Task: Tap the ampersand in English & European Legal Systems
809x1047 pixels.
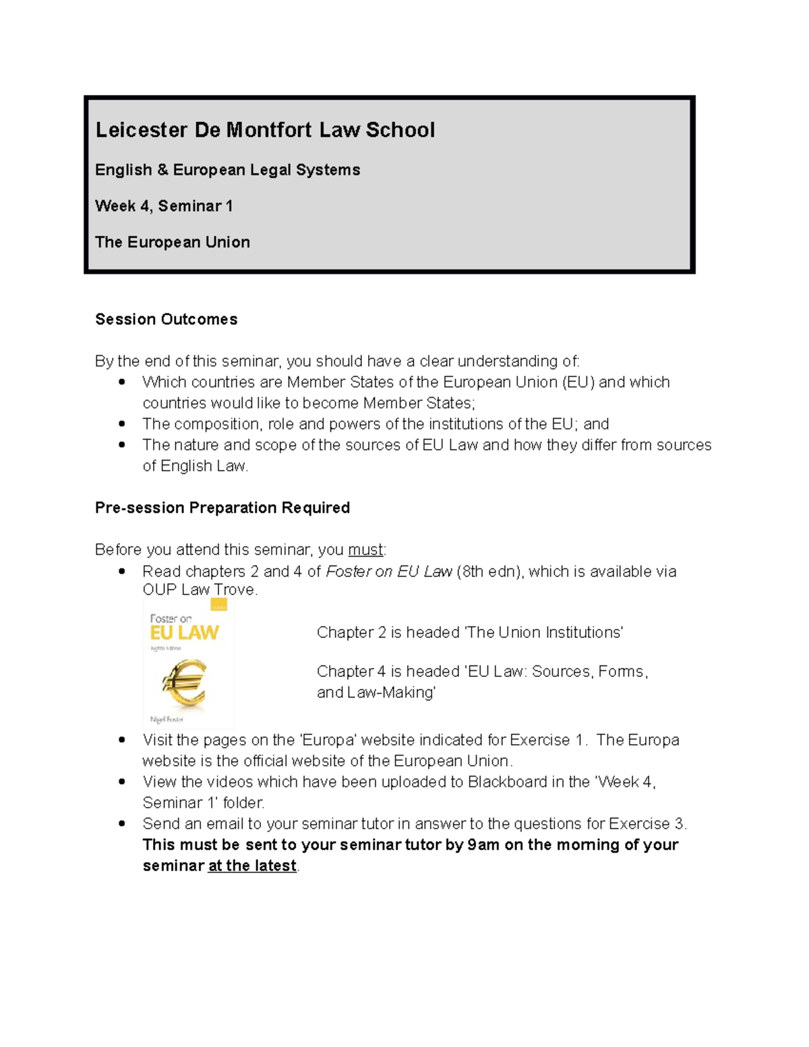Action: (x=162, y=170)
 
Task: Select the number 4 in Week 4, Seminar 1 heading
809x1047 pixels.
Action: (x=145, y=206)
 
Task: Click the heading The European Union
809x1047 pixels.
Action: (x=173, y=242)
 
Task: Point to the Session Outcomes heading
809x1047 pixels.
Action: (x=167, y=320)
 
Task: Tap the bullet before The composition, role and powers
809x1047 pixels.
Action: (x=122, y=424)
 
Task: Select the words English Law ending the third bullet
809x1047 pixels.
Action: (x=204, y=466)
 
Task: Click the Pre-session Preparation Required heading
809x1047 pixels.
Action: (x=222, y=508)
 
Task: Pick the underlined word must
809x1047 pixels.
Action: (x=365, y=550)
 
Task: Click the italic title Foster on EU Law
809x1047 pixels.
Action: (x=389, y=572)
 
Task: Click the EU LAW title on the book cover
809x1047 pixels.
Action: (x=184, y=632)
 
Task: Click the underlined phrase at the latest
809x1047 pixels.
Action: (x=253, y=866)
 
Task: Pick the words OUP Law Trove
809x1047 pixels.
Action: (x=200, y=590)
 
